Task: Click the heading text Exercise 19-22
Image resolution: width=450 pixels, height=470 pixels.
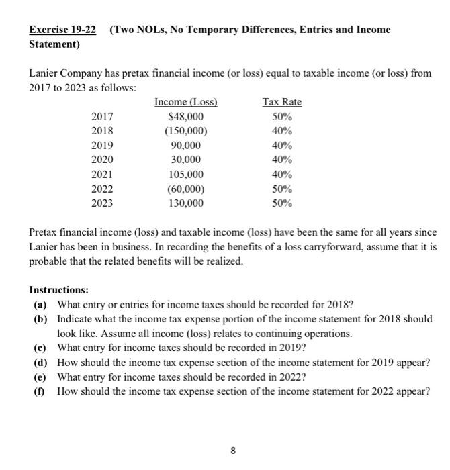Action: click(x=62, y=30)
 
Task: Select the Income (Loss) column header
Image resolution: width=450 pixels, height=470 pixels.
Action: click(x=186, y=102)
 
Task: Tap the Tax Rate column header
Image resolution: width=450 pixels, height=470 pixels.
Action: click(x=281, y=102)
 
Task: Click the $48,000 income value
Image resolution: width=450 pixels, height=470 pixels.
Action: click(x=186, y=117)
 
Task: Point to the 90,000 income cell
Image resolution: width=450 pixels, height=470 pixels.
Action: click(x=186, y=146)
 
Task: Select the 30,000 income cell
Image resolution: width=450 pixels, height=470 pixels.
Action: click(x=186, y=160)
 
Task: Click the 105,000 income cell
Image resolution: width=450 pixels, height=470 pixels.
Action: click(x=186, y=174)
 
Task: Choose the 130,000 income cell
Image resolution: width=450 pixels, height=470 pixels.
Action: click(x=186, y=203)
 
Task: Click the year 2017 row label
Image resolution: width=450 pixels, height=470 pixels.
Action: click(x=102, y=117)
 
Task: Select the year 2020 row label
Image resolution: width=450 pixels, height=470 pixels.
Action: click(x=102, y=160)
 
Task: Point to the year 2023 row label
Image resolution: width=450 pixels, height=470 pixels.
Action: click(x=102, y=203)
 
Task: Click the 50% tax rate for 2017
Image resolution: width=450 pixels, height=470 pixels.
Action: click(x=281, y=117)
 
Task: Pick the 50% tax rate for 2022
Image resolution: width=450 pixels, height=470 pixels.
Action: click(x=281, y=189)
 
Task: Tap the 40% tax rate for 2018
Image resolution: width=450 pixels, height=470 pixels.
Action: click(x=281, y=131)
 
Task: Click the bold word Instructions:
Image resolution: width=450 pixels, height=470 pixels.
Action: click(x=59, y=290)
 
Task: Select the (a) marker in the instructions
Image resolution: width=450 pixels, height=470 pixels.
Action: click(x=40, y=304)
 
